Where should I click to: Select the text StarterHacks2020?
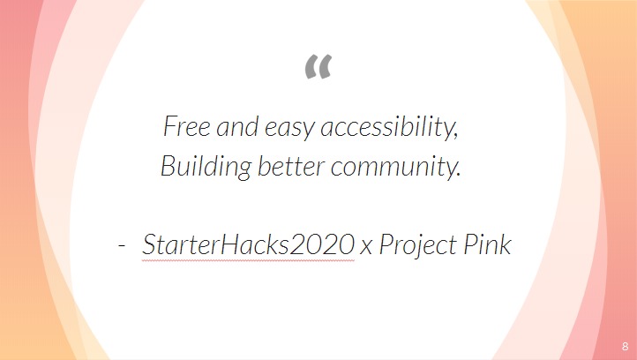coord(248,245)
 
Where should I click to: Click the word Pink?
coord(486,245)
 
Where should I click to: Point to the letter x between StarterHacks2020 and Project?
coord(366,247)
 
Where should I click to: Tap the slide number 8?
coord(624,346)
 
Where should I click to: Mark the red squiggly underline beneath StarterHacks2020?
coord(248,260)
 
